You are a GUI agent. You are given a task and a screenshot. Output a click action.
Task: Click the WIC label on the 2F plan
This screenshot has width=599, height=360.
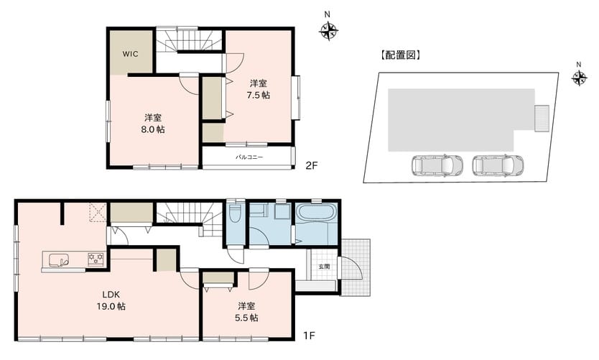130,54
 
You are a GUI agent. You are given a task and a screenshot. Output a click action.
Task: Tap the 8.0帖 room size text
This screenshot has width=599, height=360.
153,129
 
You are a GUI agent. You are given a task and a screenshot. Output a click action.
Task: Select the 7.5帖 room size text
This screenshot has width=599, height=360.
259,95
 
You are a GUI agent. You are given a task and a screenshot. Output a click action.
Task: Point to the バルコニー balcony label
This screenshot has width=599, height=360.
249,157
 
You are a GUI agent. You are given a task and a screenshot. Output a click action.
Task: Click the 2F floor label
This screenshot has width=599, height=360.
311,165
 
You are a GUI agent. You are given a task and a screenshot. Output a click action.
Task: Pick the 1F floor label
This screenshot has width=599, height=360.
309,336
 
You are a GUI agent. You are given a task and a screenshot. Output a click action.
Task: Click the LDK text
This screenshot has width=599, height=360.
111,295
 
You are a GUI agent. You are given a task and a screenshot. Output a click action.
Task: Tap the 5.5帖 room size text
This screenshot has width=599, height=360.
246,318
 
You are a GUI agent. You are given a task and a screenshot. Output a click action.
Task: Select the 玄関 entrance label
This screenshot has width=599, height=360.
324,267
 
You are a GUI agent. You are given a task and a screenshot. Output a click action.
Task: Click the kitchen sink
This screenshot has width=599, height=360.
59,260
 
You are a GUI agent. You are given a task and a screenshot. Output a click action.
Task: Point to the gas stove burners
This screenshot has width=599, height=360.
96,259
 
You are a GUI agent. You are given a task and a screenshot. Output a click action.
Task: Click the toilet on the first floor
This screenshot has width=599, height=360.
235,212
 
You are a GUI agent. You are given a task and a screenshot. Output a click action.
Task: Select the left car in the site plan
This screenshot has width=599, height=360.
437,165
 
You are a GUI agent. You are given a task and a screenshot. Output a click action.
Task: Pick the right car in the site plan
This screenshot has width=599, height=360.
498,165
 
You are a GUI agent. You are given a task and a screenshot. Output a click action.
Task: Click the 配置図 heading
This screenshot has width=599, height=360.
400,55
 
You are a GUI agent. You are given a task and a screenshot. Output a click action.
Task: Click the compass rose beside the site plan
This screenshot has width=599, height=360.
580,78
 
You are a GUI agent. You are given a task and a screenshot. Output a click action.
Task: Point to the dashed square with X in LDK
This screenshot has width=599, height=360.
98,213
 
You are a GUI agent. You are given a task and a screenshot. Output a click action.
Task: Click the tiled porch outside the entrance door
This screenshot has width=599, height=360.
356,267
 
